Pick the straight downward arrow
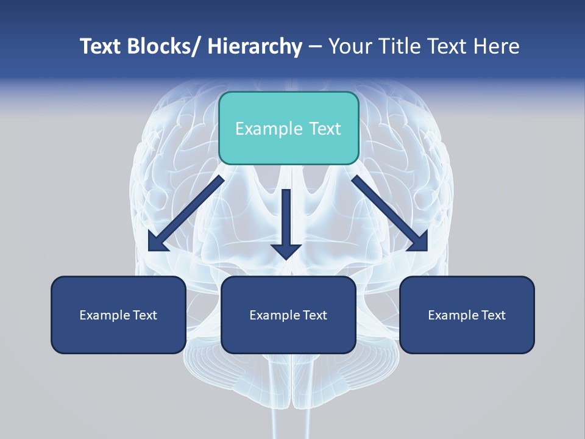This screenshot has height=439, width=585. [x=286, y=223]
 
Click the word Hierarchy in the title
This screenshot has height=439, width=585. [x=255, y=46]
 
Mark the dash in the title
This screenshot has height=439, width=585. [x=314, y=48]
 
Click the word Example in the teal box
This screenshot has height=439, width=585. [x=262, y=129]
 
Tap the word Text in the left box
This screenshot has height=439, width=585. [x=144, y=315]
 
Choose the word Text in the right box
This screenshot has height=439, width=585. [x=493, y=315]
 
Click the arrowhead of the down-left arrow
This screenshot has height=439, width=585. [x=157, y=243]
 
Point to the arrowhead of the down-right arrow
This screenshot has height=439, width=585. [x=419, y=243]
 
